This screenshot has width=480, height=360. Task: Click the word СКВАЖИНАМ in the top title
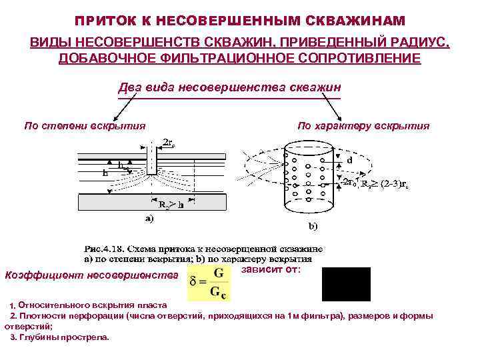(357, 22)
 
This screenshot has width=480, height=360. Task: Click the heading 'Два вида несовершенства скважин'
(229, 87)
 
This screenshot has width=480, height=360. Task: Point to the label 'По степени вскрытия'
(85, 125)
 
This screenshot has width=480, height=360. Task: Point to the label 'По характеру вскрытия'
(363, 125)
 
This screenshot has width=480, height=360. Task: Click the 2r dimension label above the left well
(168, 142)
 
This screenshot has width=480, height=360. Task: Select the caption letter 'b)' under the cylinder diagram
(312, 225)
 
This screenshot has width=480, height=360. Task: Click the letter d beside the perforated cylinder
(349, 161)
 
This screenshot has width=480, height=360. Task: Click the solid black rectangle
(346, 284)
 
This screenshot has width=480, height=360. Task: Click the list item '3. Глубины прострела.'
(60, 337)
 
